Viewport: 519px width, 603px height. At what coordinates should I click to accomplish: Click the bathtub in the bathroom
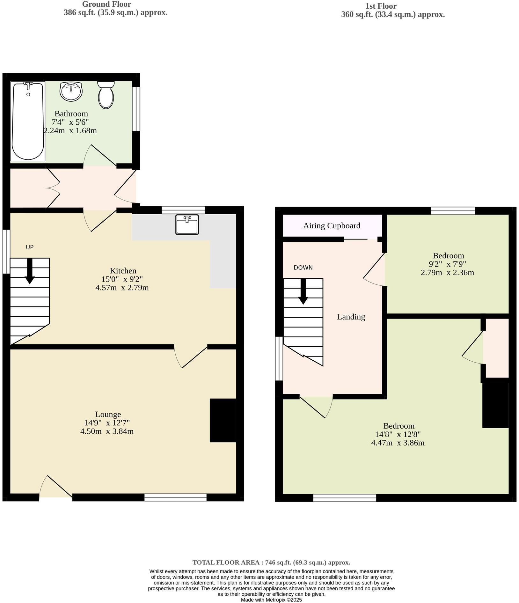pos(28,121)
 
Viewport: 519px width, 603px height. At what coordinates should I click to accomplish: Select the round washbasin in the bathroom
pos(71,92)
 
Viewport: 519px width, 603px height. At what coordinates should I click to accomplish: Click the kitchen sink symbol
pos(187,224)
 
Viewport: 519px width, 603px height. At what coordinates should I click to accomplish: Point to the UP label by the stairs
pos(30,247)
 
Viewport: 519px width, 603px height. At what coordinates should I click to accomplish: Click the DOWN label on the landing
pos(303,268)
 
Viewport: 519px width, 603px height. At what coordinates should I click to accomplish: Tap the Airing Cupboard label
pos(332,226)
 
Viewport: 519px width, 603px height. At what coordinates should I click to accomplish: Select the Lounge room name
pos(108,414)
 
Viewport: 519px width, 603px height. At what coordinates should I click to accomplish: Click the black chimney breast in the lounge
pos(223,420)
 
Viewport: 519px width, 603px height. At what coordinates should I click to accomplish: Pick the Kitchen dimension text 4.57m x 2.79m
pos(122,288)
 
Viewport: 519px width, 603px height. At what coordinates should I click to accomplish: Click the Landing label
pos(351,317)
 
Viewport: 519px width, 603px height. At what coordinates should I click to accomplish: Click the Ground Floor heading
pos(106,4)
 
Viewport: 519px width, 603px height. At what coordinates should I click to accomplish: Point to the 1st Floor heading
pos(381,6)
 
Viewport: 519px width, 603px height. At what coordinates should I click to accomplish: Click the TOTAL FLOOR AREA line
pos(271,563)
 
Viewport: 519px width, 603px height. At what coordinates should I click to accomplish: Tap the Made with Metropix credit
pos(271,600)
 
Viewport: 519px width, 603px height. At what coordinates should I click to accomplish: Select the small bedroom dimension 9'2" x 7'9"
pos(447,264)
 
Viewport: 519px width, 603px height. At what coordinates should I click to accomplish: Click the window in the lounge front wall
pos(175,497)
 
